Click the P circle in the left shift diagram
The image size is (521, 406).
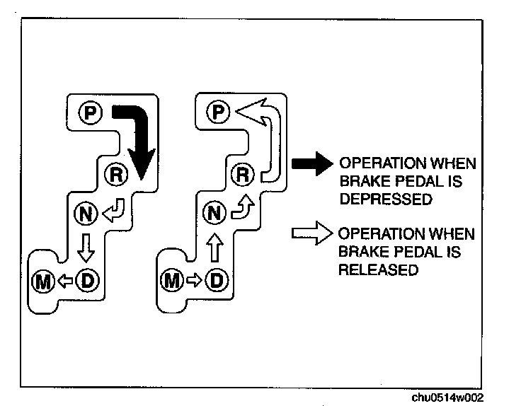pyautogui.click(x=91, y=113)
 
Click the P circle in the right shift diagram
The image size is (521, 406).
pyautogui.click(x=218, y=112)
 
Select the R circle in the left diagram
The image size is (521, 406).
pyautogui.click(x=116, y=175)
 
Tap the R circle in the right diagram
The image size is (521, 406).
pyautogui.click(x=243, y=174)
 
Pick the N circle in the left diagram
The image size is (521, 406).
pyautogui.click(x=86, y=214)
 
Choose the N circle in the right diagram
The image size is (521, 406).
pyautogui.click(x=214, y=213)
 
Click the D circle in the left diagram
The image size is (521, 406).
pyautogui.click(x=87, y=281)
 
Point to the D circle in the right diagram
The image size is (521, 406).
pyautogui.click(x=217, y=280)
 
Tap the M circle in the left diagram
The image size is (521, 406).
pyautogui.click(x=43, y=282)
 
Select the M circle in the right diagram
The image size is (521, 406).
pyautogui.click(x=172, y=281)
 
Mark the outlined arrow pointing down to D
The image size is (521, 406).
pyautogui.click(x=86, y=248)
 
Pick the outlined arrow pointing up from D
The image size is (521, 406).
pyautogui.click(x=214, y=248)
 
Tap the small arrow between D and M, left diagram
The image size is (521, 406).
pyautogui.click(x=65, y=282)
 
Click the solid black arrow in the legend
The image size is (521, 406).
pyautogui.click(x=312, y=163)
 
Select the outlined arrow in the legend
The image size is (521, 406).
pyautogui.click(x=312, y=233)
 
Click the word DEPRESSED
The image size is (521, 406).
pyautogui.click(x=386, y=199)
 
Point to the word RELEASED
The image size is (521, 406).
pyautogui.click(x=379, y=269)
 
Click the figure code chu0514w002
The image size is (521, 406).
pyautogui.click(x=447, y=398)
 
